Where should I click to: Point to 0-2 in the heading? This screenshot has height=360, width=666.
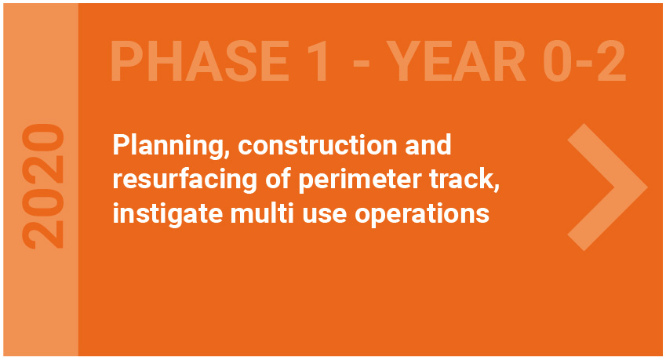click(x=584, y=61)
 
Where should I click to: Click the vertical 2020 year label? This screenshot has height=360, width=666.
click(x=43, y=186)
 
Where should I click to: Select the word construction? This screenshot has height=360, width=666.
click(x=317, y=146)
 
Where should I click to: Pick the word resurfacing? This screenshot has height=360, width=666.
click(x=185, y=180)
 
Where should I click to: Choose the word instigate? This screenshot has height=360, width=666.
click(x=167, y=214)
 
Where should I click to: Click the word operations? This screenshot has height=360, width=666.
click(x=422, y=214)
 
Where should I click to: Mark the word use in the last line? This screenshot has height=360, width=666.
click(x=324, y=215)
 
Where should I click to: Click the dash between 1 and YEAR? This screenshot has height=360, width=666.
click(x=362, y=64)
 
